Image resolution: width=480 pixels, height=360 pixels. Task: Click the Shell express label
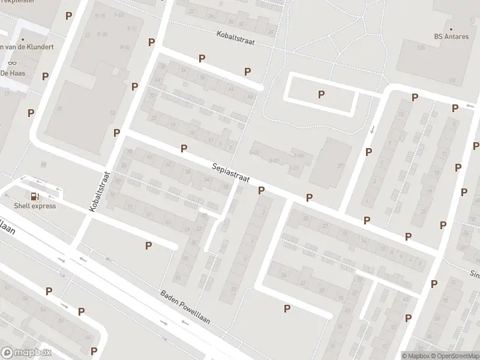click(x=35, y=206)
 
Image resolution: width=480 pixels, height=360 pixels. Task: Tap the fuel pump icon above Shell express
click(x=35, y=196)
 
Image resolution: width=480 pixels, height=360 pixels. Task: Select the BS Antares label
click(x=451, y=36)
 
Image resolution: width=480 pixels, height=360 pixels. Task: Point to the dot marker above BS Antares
click(x=451, y=28)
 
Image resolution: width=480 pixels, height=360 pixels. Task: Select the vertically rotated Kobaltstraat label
click(x=100, y=191)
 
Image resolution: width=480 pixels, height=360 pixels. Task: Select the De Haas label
click(x=11, y=73)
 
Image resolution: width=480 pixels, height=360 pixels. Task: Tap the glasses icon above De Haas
click(x=11, y=63)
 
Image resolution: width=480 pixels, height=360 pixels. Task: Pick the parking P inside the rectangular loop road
click(x=321, y=94)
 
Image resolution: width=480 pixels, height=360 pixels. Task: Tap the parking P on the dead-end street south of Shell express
click(x=148, y=245)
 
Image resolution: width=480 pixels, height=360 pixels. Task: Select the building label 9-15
click(x=100, y=15)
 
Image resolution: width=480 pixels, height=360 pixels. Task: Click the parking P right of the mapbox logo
click(x=94, y=350)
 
